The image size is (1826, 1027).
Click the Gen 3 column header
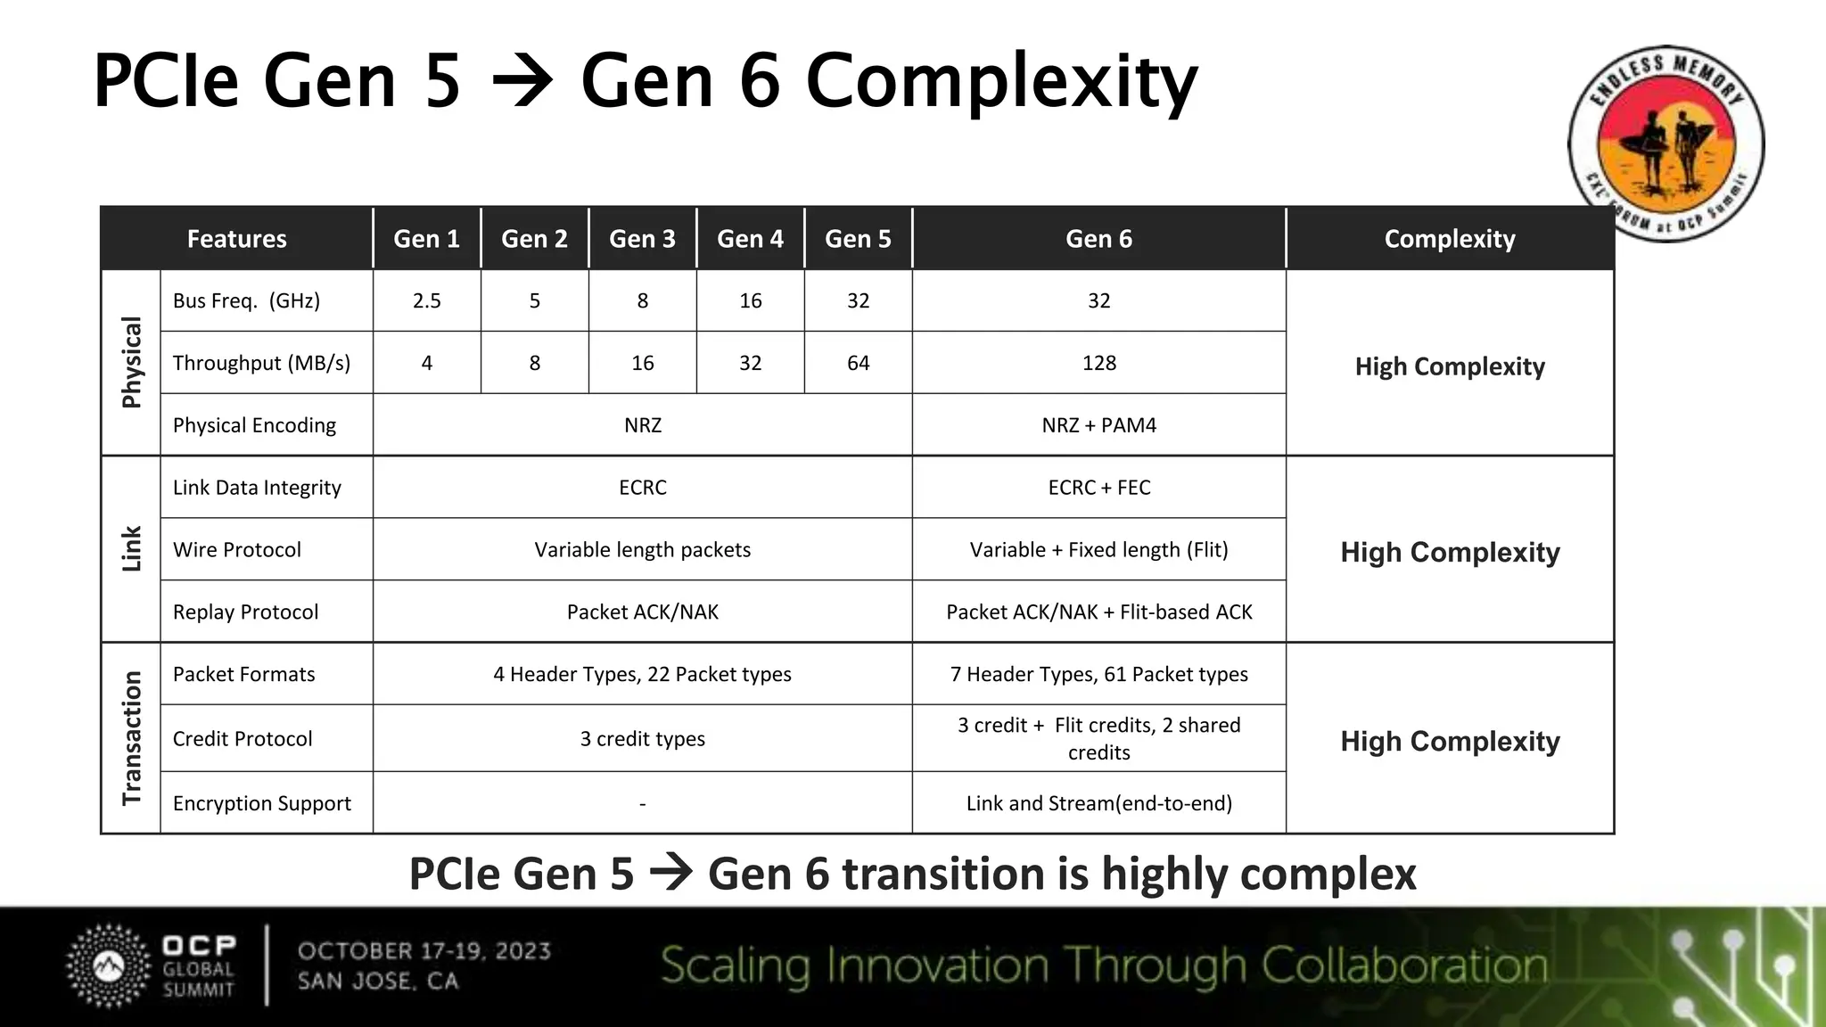point(642,239)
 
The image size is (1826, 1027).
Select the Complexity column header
point(1450,239)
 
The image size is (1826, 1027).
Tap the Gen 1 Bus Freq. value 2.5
point(427,301)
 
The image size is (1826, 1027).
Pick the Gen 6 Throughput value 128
point(1098,364)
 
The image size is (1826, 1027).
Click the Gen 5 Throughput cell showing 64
point(858,364)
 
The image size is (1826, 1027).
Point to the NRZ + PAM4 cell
point(1098,425)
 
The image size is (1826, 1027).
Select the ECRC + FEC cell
point(1098,488)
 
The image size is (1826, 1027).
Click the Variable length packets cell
point(642,550)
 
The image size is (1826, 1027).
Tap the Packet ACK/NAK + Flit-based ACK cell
point(1098,612)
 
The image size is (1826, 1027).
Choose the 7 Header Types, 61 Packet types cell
point(1098,675)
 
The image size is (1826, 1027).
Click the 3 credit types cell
point(642,739)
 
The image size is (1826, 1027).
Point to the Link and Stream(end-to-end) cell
point(1098,803)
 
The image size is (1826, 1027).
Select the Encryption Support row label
point(262,803)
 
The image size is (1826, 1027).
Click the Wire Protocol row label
point(237,550)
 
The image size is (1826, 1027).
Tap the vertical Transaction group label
point(132,738)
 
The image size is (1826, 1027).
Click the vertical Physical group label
point(132,363)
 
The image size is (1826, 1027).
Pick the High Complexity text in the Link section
point(1450,553)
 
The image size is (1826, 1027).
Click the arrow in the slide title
point(522,82)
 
